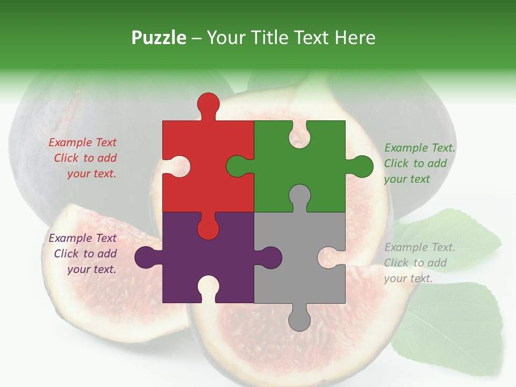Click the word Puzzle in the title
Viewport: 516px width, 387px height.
coord(159,38)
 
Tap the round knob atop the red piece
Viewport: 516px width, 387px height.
coord(208,104)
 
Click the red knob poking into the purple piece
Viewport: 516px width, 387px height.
coord(208,227)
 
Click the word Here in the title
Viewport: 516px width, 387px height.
coord(355,38)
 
